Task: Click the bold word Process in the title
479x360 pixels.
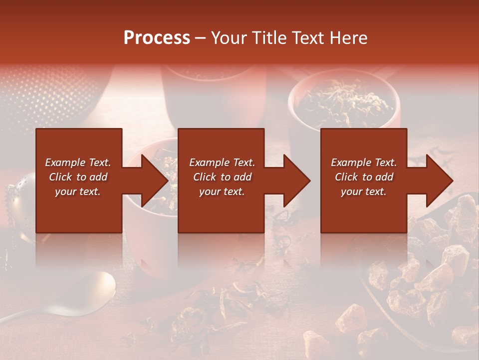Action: pos(157,37)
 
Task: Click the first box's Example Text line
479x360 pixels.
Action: pos(78,162)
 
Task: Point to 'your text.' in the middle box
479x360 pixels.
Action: pos(222,191)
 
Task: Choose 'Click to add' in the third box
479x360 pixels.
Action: pos(364,177)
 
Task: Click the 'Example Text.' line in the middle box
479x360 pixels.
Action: pos(222,162)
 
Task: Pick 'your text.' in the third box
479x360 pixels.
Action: pos(364,191)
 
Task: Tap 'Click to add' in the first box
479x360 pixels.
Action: pos(78,177)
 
